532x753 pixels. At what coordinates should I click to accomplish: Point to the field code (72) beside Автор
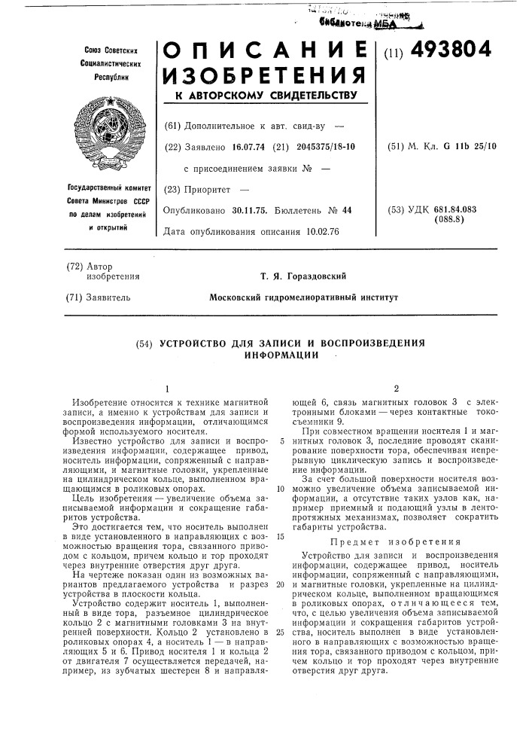coord(79,266)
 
